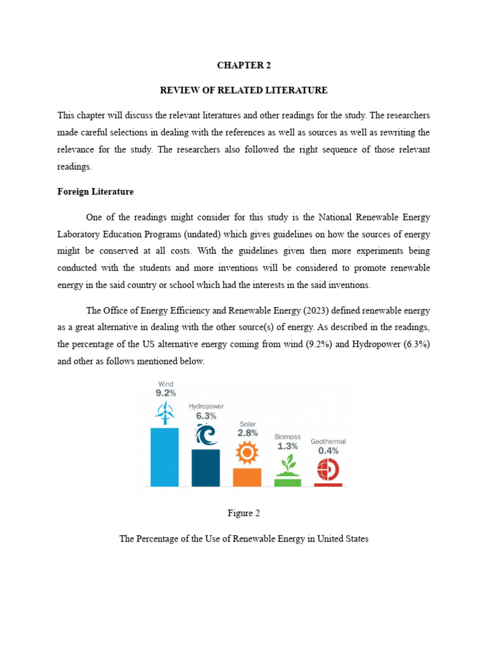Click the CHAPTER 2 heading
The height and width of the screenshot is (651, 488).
pos(243,65)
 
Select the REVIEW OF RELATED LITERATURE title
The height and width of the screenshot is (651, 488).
pos(243,90)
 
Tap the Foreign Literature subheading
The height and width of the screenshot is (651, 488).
pos(95,191)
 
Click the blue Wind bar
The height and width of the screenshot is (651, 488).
pos(165,456)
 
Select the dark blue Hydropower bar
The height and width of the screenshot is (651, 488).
pos(206,467)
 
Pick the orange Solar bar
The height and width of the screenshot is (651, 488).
pos(247,477)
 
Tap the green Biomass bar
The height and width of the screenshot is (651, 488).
pos(287,482)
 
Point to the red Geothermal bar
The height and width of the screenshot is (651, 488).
pos(328,484)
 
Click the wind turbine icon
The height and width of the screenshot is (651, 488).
pos(165,413)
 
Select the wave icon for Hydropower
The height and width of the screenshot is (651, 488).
pos(206,435)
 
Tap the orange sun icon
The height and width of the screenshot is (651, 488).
pos(247,453)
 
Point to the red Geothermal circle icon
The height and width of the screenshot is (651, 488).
pos(328,469)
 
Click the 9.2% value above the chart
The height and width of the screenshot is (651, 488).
pos(165,394)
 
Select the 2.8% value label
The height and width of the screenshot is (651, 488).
pos(247,432)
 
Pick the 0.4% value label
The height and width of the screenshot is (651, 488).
pos(329,451)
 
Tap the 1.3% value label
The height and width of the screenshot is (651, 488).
pos(287,446)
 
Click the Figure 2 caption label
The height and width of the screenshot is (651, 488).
pos(243,513)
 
